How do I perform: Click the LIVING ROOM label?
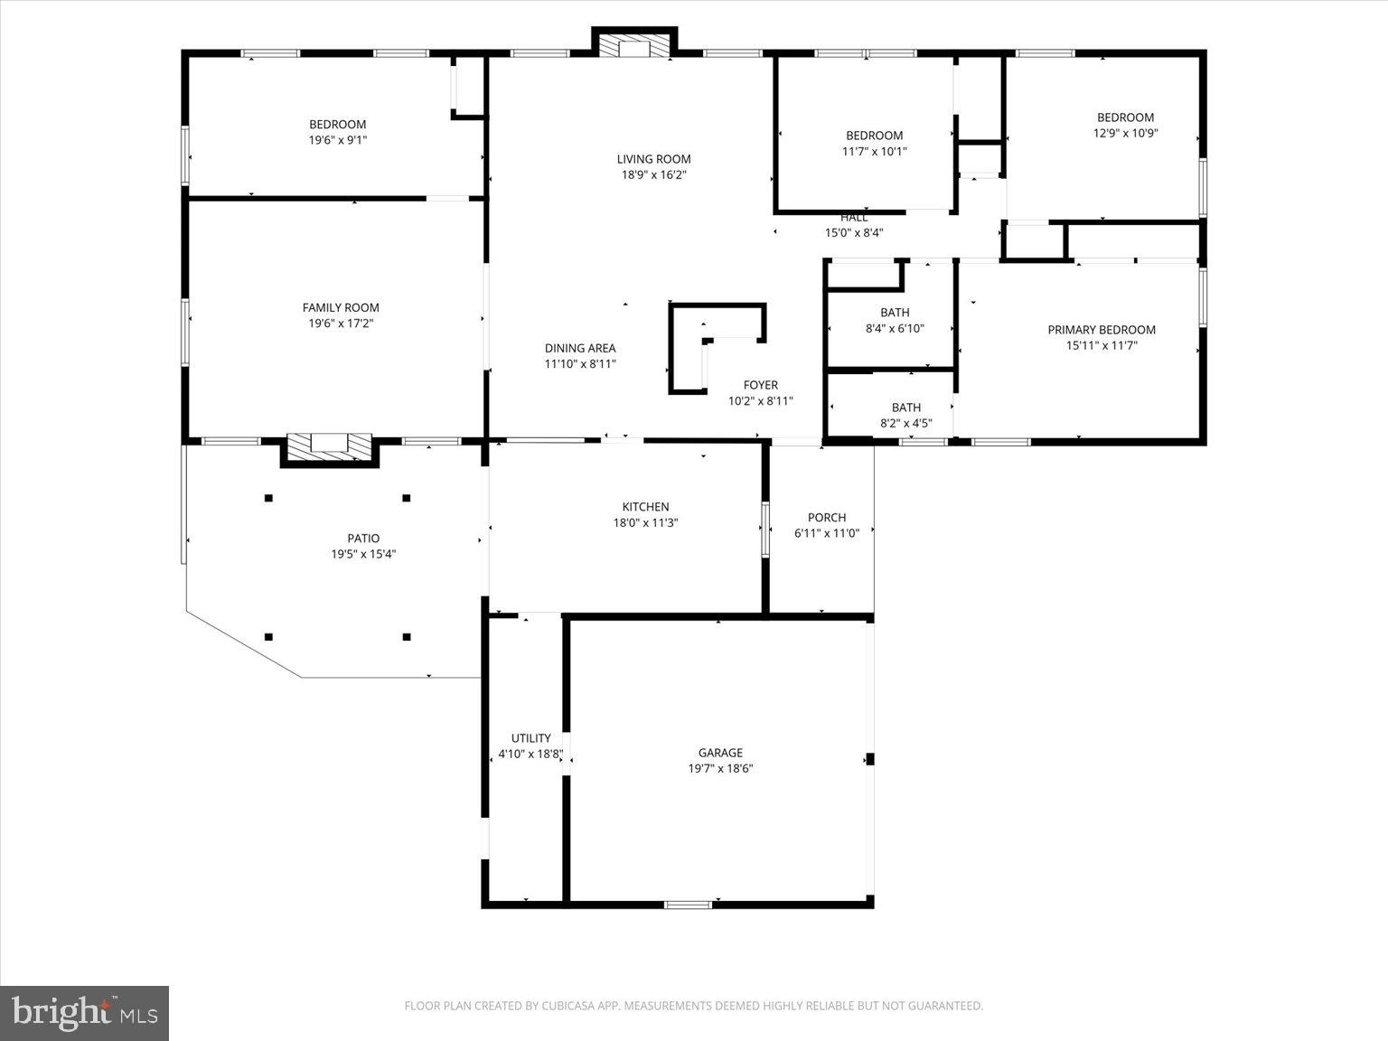(653, 159)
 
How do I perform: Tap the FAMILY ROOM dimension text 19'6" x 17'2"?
(341, 324)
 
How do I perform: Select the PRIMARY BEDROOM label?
(1101, 330)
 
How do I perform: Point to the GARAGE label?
(720, 753)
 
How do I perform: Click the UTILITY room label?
(530, 738)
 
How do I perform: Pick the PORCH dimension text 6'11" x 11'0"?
(826, 533)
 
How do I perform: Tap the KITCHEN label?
(645, 507)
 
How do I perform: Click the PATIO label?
(363, 539)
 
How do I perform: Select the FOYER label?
(760, 385)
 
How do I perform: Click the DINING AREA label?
(579, 348)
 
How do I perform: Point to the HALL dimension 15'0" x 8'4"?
(853, 232)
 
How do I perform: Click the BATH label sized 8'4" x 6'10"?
(895, 313)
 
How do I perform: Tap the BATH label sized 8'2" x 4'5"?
(905, 408)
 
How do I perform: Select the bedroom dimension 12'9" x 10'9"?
(1125, 133)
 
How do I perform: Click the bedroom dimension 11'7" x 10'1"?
(874, 152)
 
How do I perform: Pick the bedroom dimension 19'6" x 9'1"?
(337, 140)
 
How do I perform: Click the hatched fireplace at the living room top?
(634, 46)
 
